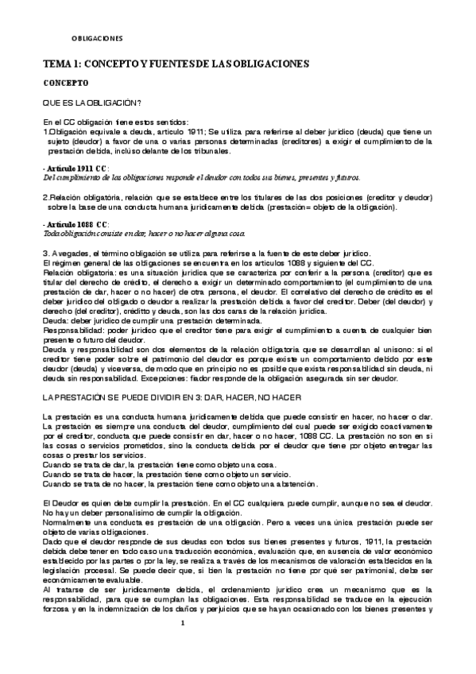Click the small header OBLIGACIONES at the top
pyautogui.click(x=97, y=37)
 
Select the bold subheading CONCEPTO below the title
pyautogui.click(x=65, y=83)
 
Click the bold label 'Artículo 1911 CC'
pyautogui.click(x=76, y=168)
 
